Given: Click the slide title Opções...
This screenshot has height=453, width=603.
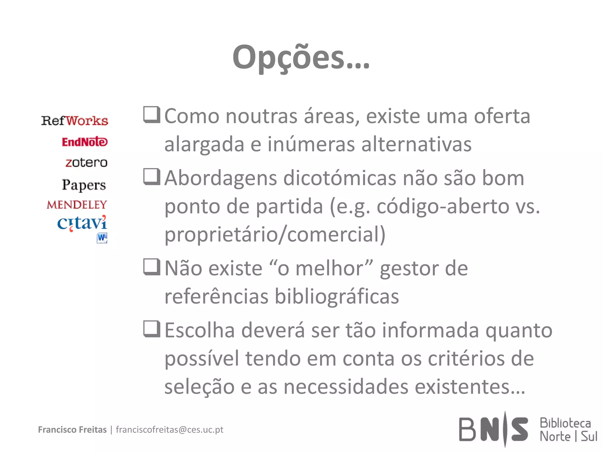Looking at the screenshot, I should point(301,58).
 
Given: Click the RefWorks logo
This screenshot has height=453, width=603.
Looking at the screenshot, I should point(74,121).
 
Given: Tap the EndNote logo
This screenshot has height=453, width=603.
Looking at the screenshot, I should point(85,142).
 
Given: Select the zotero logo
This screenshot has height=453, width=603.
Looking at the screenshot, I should point(86,163).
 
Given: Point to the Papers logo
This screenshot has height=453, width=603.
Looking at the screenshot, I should point(84,185).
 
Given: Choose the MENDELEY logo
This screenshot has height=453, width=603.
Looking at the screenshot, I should point(77,205).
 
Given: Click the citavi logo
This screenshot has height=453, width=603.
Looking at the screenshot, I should point(82,223).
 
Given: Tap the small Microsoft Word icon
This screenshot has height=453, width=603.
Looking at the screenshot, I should point(102,238).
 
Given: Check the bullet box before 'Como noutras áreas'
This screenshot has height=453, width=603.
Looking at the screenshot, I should point(152,114).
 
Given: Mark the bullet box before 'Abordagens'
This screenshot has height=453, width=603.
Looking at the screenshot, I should point(152,176).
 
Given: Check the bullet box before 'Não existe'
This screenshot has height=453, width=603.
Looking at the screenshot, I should point(152,267).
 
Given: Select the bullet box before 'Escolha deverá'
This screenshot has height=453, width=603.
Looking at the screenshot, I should point(152,329).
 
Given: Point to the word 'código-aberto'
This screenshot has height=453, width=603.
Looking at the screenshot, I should point(443,206).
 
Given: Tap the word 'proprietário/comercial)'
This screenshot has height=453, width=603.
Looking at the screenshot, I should point(275,235).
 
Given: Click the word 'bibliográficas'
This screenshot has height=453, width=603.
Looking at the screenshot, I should point(337,296).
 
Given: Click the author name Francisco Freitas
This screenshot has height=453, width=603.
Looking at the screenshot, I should point(72,430).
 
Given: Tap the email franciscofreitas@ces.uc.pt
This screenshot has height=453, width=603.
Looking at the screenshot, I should point(170,430).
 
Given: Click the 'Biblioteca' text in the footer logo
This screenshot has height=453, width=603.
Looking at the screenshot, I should point(565,423).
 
